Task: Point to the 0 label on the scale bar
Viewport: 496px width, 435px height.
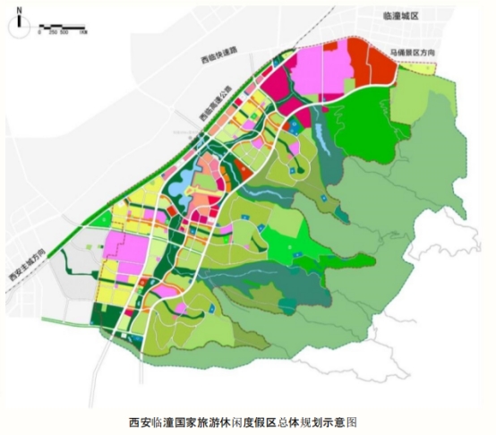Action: (39, 31)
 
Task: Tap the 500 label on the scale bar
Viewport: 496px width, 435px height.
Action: (64, 31)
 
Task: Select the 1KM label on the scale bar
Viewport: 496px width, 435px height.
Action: (81, 31)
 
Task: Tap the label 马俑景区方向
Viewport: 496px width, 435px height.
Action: (412, 54)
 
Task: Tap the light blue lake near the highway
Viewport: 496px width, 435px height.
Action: (179, 184)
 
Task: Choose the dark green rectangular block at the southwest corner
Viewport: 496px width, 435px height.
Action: (107, 316)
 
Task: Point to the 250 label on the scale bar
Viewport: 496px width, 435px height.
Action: (52, 31)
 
